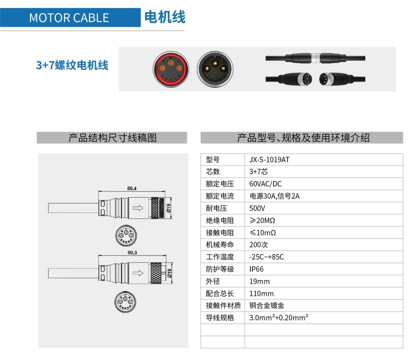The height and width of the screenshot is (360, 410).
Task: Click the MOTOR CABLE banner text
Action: click(69, 18)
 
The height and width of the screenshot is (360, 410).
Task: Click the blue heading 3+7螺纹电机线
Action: click(72, 65)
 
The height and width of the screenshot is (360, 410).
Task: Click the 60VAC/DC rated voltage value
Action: click(265, 184)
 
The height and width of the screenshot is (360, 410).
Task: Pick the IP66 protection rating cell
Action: click(257, 269)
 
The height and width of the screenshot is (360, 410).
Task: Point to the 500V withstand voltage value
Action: click(257, 208)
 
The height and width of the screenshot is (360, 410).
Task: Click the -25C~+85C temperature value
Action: click(266, 257)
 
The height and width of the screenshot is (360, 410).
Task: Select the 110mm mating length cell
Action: click(261, 294)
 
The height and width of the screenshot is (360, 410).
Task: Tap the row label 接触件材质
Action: click(220, 306)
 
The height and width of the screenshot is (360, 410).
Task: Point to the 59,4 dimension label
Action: click(132, 189)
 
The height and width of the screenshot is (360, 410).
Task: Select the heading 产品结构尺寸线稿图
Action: click(112, 138)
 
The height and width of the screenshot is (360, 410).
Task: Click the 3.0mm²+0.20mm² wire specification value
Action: click(278, 318)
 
